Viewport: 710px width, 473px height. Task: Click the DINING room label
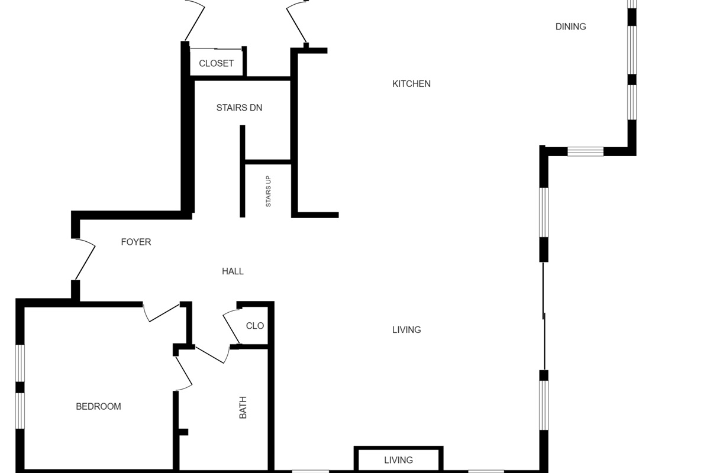point(570,27)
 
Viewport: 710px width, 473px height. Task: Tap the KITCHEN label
point(411,84)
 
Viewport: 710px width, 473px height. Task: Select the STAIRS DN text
point(239,108)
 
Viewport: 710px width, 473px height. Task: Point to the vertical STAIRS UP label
point(268,192)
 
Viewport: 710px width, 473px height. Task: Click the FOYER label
point(136,242)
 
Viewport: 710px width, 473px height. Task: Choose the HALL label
point(233,271)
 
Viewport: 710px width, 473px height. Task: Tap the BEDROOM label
point(98,406)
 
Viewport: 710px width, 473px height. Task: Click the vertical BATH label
point(243,407)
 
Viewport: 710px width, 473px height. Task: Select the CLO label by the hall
point(255,326)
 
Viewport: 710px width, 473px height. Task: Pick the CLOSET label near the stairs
point(216,63)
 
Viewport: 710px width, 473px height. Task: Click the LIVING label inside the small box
point(398,460)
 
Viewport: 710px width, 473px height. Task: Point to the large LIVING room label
point(406,330)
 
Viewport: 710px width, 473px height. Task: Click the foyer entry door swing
point(85,259)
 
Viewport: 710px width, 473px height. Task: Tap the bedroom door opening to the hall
point(161,313)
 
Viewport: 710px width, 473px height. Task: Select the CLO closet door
point(231,326)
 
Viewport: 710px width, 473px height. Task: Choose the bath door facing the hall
point(212,355)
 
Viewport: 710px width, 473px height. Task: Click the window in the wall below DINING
point(585,151)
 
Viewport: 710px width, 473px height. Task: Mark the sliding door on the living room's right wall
point(544,316)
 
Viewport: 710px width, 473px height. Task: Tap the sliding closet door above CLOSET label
point(216,49)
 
